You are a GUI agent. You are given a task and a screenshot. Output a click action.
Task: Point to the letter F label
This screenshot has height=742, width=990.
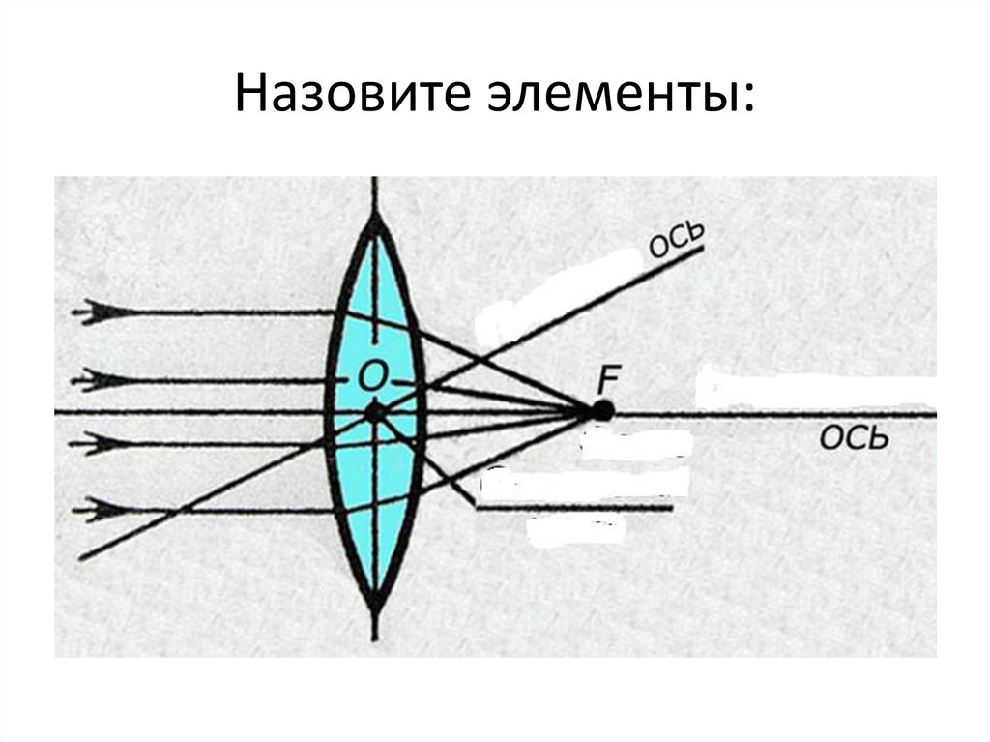608,377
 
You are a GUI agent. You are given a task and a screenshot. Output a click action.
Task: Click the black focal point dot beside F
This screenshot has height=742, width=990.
603,411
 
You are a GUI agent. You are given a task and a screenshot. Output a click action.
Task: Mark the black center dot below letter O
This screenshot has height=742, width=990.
374,413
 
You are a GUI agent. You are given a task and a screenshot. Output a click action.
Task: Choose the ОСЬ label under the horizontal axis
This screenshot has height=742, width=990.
854,441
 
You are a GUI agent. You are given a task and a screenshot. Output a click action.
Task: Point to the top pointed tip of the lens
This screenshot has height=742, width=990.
374,217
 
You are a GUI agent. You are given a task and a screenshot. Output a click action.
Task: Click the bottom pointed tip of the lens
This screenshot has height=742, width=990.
374,608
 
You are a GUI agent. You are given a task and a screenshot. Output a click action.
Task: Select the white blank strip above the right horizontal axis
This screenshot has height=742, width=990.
817,387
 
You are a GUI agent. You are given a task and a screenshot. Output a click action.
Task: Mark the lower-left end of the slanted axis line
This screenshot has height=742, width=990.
82,558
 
